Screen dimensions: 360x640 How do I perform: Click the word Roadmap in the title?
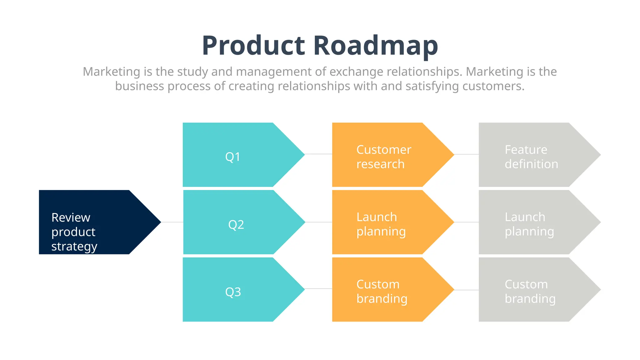point(376,46)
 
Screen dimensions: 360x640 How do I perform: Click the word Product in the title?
point(253,46)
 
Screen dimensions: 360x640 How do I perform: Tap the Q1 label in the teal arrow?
point(233,157)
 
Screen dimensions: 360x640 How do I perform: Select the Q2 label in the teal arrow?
point(236,224)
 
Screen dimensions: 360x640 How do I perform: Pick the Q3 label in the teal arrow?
point(233,292)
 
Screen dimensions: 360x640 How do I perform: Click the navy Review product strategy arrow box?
point(91,222)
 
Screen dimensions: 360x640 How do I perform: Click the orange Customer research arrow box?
point(384,155)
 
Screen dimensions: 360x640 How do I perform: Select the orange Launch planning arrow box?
point(384,222)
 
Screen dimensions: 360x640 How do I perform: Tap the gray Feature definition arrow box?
point(531,155)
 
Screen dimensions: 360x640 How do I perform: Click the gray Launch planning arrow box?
point(531,222)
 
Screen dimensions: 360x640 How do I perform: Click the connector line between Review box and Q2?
point(172,222)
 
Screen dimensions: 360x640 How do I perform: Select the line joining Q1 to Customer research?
point(318,154)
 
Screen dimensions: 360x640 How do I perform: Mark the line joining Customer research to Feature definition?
point(466,154)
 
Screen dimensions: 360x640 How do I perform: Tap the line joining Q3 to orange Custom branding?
point(318,289)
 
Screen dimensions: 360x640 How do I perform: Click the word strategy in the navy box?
point(74,247)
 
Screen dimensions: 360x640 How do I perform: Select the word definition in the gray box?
point(531,164)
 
